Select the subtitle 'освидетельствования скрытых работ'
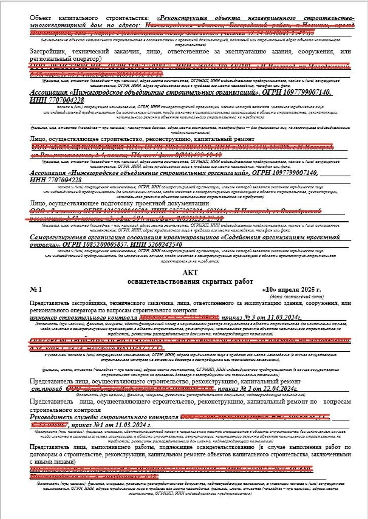tap(184, 281)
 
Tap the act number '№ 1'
tap(36, 290)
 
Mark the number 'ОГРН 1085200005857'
tap(94, 244)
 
